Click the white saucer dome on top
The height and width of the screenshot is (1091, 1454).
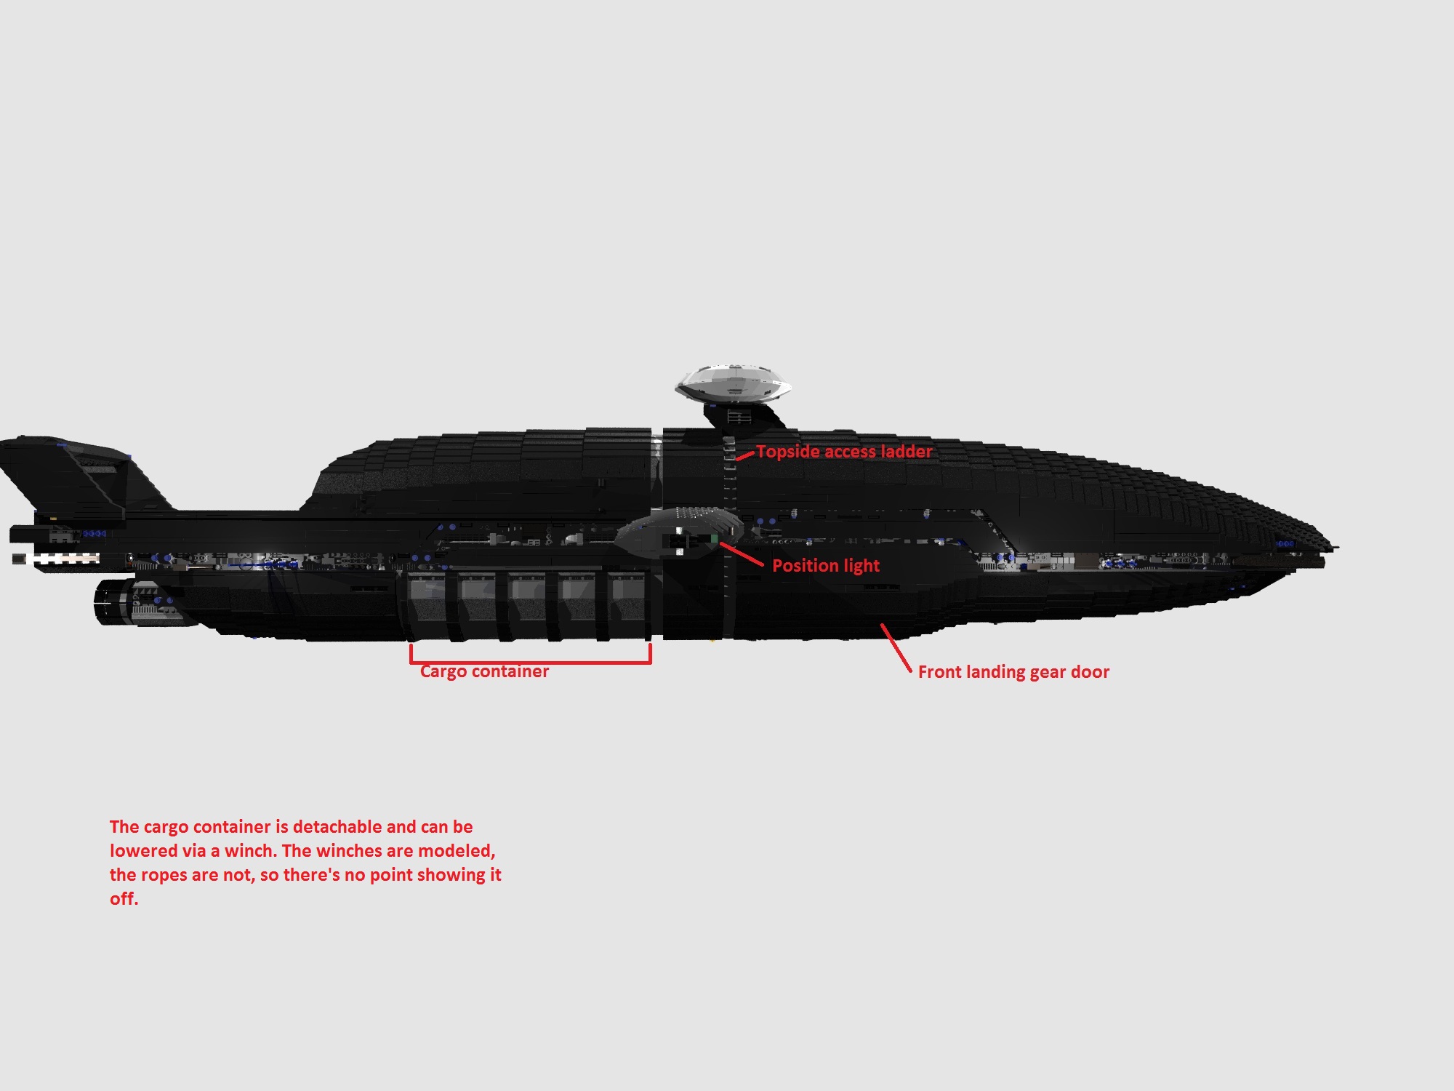point(733,383)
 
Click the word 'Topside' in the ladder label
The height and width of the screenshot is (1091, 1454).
point(787,452)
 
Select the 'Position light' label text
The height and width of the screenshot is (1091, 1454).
point(826,566)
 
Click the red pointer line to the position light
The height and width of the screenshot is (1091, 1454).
point(742,554)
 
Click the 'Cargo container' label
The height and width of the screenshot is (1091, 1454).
point(484,671)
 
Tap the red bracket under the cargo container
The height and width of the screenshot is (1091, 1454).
point(531,662)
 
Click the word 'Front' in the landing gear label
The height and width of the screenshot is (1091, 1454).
point(939,672)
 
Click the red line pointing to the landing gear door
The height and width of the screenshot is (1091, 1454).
point(896,647)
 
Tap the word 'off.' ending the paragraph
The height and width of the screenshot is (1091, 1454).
point(124,899)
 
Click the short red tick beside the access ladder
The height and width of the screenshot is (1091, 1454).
point(744,456)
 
